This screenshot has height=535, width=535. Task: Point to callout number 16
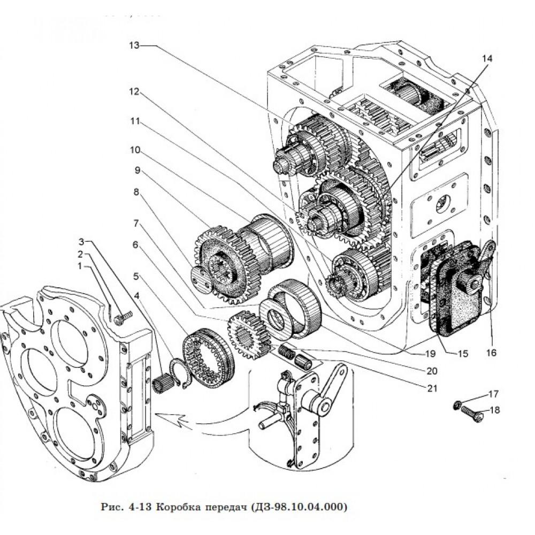[x=491, y=353]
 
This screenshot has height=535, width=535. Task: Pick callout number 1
[x=80, y=265]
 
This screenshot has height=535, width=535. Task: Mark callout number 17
[x=493, y=395]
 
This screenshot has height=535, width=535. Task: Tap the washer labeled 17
[x=457, y=405]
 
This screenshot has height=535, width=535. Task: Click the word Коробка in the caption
[x=178, y=506]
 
